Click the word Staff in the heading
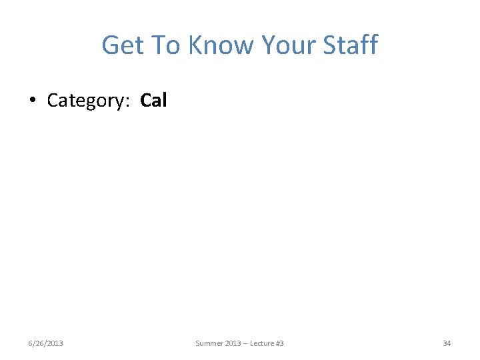pyautogui.click(x=351, y=45)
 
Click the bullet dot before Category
pyautogui.click(x=33, y=101)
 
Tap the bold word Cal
pyautogui.click(x=153, y=100)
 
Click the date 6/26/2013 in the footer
pyautogui.click(x=46, y=343)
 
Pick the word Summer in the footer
pyautogui.click(x=209, y=343)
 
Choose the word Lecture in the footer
pyautogui.click(x=261, y=343)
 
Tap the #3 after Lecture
pyautogui.click(x=280, y=343)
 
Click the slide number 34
pyautogui.click(x=447, y=343)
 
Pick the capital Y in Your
pyautogui.click(x=269, y=45)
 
